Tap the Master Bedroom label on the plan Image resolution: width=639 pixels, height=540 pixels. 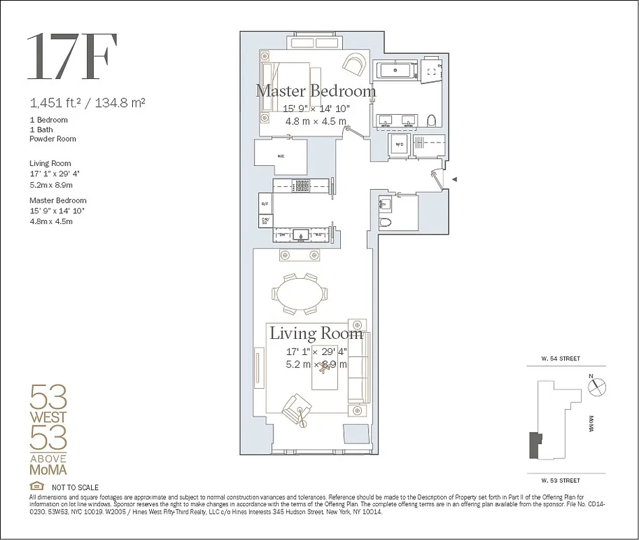coord(315,90)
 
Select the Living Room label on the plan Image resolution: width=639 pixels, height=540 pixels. coord(316,333)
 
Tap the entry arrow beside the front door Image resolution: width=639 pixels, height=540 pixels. coord(454,180)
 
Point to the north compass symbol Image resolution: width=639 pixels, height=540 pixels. coord(597,386)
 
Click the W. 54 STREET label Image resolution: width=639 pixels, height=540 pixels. coord(559,359)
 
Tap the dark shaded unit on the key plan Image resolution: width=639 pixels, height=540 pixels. coord(535,446)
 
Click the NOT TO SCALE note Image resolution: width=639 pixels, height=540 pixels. coord(75,487)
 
